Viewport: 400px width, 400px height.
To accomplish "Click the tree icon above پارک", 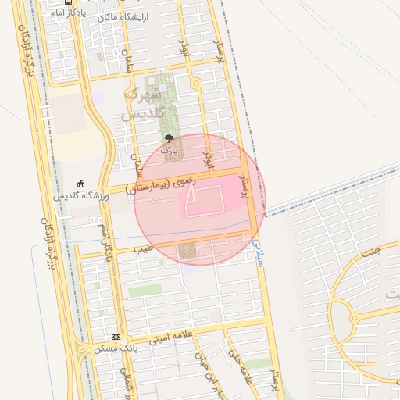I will pyautogui.click(x=168, y=138).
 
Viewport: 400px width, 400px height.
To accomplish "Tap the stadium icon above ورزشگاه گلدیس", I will pyautogui.click(x=80, y=184).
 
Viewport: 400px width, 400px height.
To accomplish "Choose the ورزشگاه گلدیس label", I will pyautogui.click(x=80, y=195).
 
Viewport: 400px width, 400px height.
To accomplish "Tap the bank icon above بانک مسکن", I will pyautogui.click(x=116, y=337).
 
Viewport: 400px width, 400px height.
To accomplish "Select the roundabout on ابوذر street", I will pyautogui.click(x=195, y=83).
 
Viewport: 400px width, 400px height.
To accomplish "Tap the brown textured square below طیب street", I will pyautogui.click(x=187, y=252).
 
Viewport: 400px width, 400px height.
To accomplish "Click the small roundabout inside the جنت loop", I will pyautogui.click(x=354, y=318).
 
